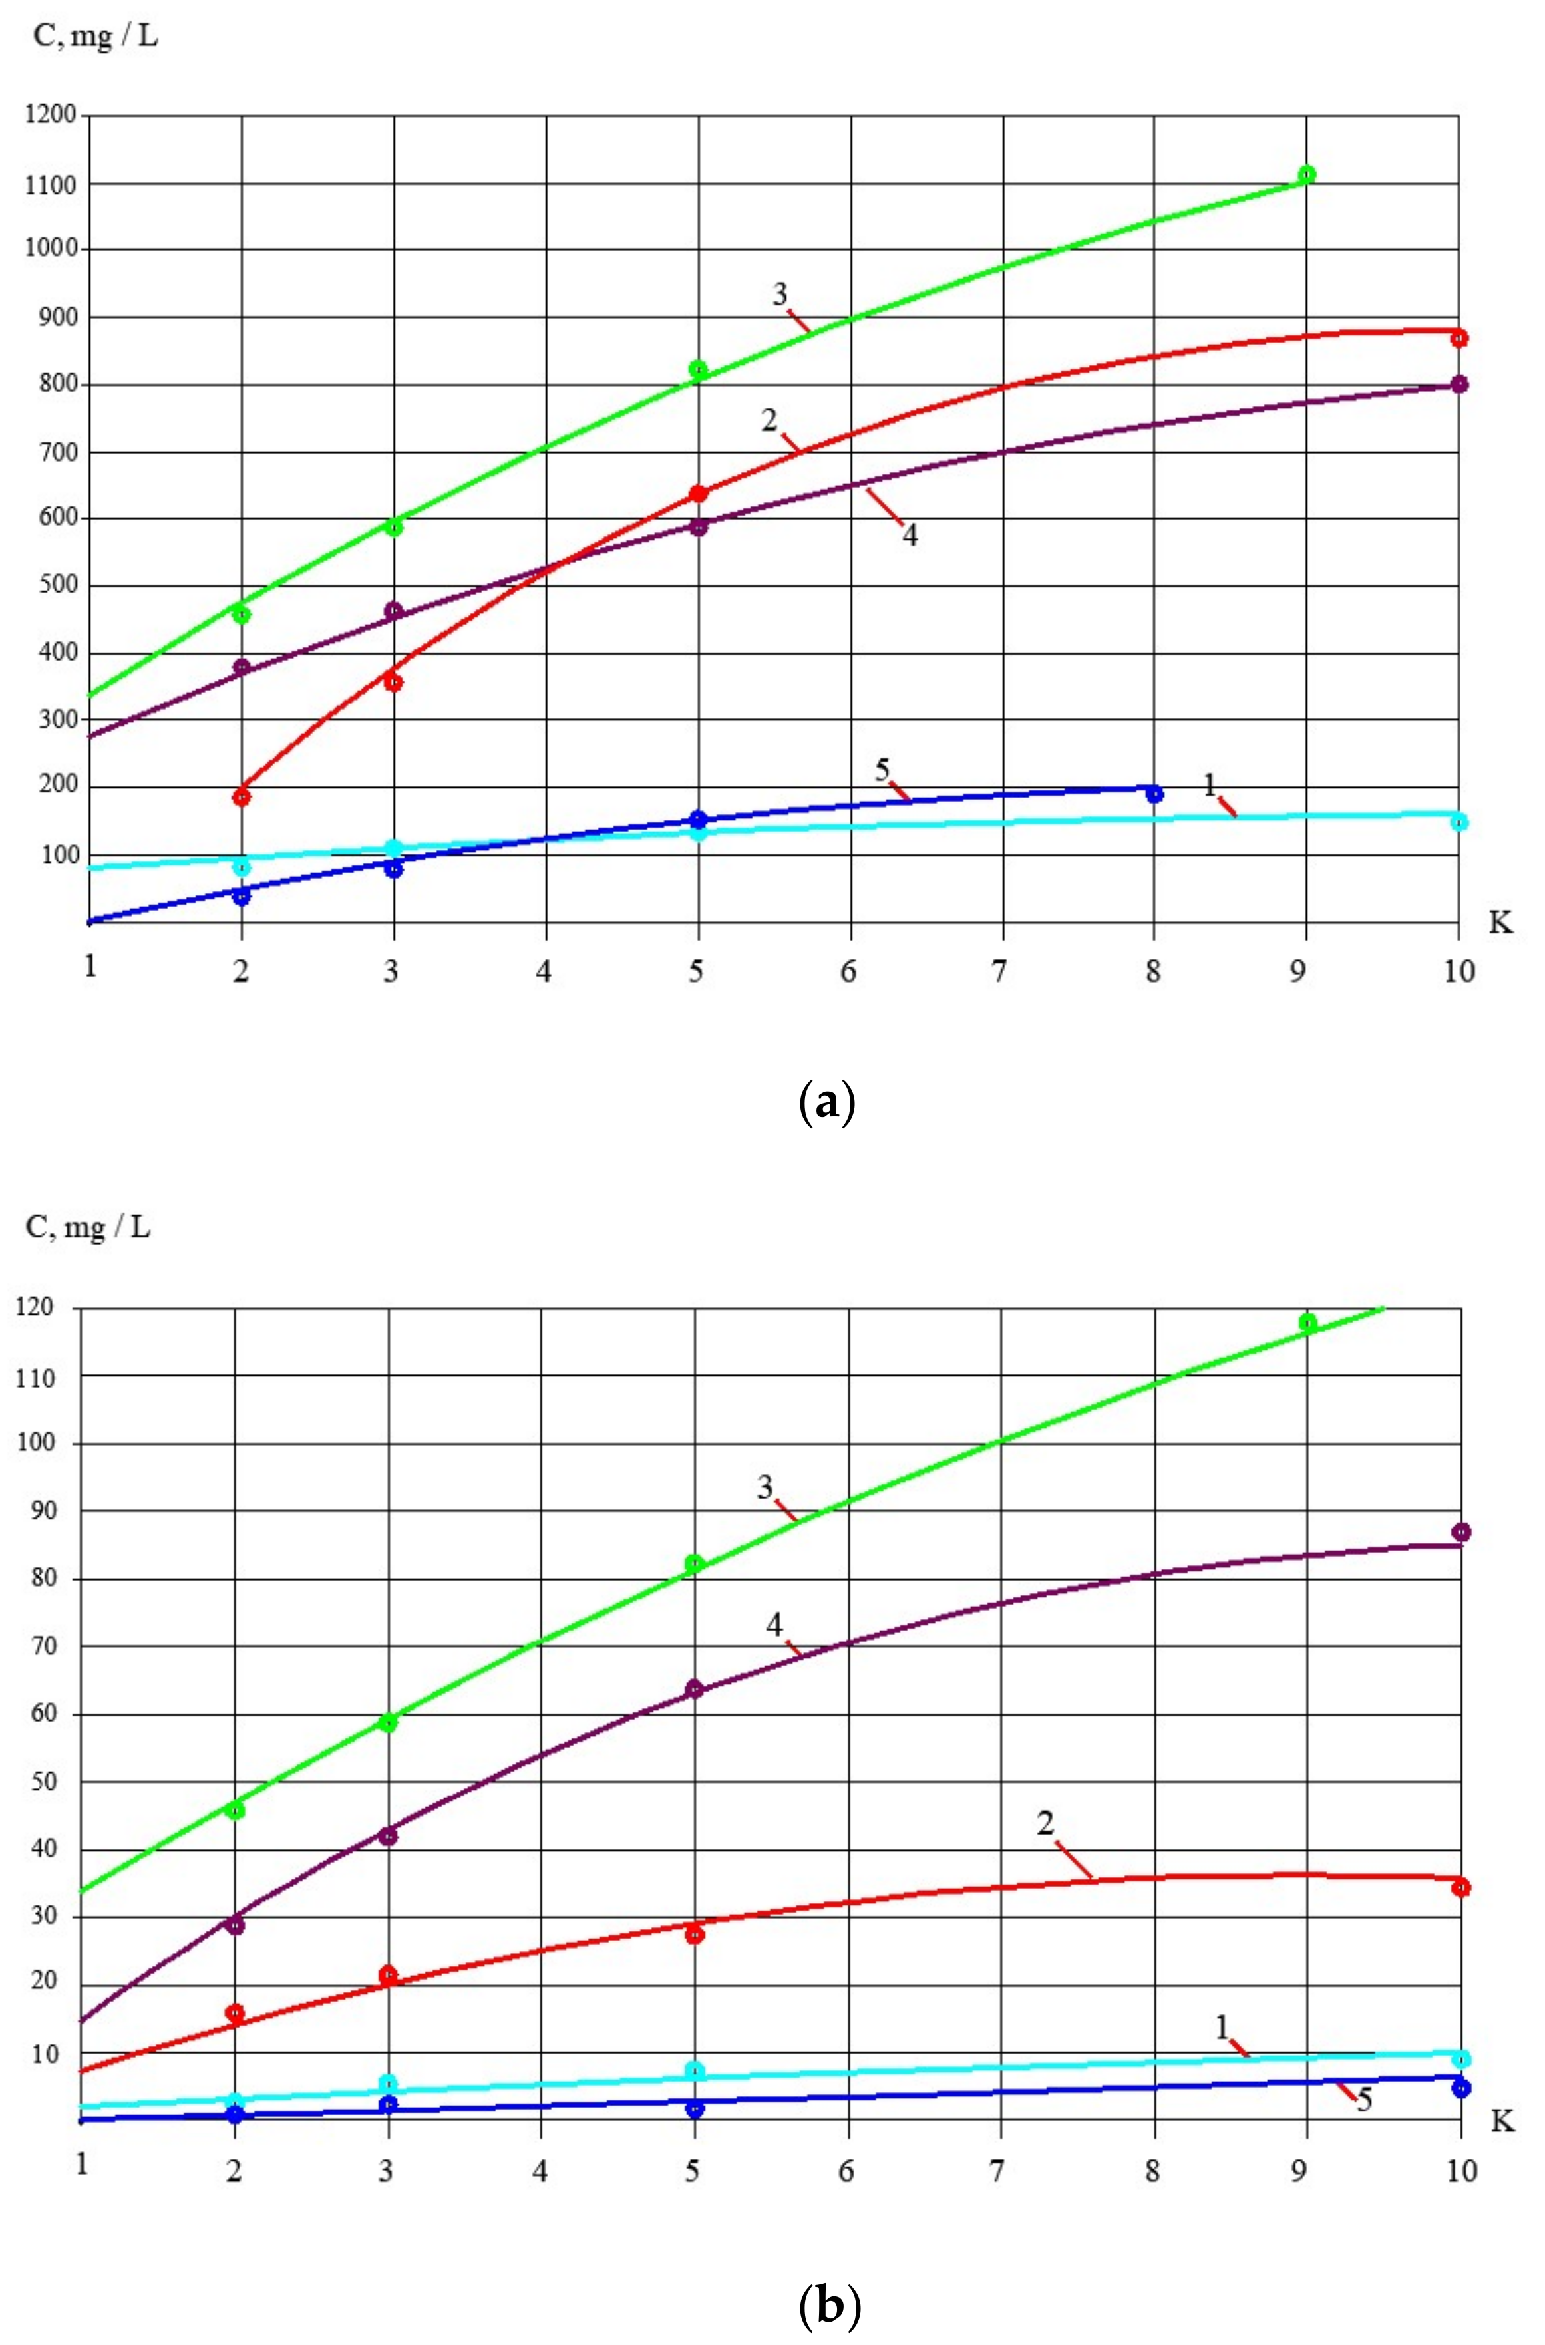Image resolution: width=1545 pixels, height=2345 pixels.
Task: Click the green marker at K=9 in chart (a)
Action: (1307, 174)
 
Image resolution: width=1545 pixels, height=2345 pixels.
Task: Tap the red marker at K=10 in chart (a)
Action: (1459, 338)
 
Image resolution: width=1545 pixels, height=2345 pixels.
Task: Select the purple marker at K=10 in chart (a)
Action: (1459, 385)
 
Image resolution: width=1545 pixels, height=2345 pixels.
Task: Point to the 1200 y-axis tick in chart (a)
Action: (51, 115)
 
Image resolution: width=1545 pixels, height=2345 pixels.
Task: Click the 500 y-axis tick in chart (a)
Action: (57, 586)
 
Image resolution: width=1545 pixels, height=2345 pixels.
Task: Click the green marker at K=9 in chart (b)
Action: (1307, 1323)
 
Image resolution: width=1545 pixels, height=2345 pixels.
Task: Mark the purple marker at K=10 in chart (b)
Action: (1461, 1532)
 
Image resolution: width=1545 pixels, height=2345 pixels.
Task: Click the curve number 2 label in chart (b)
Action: (1045, 1824)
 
